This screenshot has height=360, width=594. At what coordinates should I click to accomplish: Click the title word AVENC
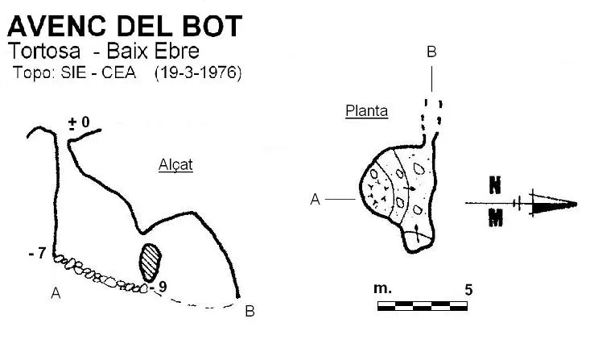coord(57,26)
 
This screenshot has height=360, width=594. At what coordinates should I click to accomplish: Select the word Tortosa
coord(44,51)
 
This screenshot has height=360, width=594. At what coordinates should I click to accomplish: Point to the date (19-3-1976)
coord(198,72)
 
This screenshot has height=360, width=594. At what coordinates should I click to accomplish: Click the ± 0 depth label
coord(79,122)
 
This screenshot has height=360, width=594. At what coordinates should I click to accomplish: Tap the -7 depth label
coord(38,253)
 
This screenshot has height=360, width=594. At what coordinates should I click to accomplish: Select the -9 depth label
coord(159,287)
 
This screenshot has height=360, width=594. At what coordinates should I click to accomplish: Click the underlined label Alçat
coord(175,165)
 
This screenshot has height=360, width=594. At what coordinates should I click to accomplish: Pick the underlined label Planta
coord(367,111)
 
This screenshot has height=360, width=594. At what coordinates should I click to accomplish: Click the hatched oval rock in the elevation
coord(151,263)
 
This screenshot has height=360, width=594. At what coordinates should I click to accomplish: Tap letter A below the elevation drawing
coord(56,293)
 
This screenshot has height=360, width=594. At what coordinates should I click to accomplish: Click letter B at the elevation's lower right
coord(250,311)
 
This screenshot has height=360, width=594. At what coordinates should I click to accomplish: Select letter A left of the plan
coord(316,199)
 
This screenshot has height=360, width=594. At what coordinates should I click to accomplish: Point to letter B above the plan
coord(431,52)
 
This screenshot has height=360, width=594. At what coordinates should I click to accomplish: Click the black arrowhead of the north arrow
coord(553,205)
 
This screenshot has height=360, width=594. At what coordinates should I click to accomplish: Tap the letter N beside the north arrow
coord(495,185)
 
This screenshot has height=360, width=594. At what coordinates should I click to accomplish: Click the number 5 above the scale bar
coord(468,290)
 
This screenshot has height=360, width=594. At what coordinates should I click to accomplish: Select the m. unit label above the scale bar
coord(382,289)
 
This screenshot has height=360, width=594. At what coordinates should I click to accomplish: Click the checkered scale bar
coord(423,306)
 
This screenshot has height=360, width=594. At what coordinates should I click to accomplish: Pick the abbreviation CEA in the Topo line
coord(118,72)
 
